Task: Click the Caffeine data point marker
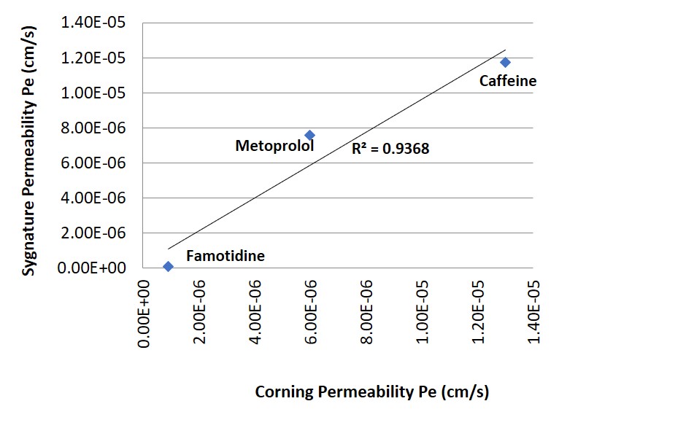505,63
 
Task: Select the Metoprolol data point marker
309,135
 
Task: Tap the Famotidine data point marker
168,266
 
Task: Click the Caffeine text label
507,81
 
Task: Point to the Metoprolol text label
274,146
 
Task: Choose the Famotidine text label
225,256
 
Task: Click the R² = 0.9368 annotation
390,149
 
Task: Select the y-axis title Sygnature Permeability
28,147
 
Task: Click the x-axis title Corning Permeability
371,392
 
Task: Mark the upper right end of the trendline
505,50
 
